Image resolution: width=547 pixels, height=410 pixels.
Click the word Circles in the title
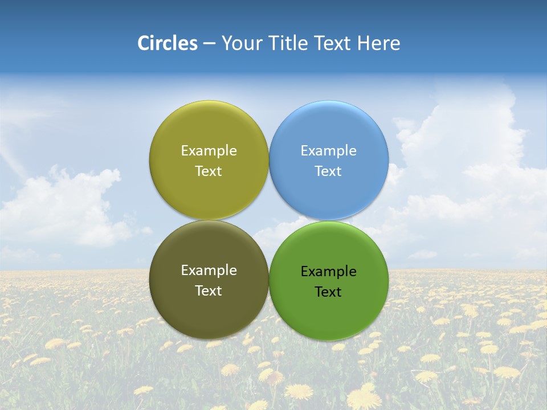point(168,43)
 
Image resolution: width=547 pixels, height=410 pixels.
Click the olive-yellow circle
point(209,131)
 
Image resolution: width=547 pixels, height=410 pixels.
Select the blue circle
point(329,131)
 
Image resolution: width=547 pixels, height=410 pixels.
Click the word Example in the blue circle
point(328,151)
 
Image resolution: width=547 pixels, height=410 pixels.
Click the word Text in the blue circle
point(328,171)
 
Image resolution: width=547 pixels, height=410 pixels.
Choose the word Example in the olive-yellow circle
point(209,151)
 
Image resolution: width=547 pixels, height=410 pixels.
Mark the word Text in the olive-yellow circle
point(209,171)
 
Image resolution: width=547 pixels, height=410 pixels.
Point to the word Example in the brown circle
point(209,270)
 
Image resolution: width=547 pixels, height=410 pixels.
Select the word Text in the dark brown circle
point(209,291)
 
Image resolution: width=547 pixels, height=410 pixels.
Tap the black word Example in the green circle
point(328,272)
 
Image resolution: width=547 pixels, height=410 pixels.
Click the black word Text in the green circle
point(328,292)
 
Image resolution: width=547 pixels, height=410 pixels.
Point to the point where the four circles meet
point(268,220)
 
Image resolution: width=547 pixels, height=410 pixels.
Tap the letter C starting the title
point(143,43)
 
